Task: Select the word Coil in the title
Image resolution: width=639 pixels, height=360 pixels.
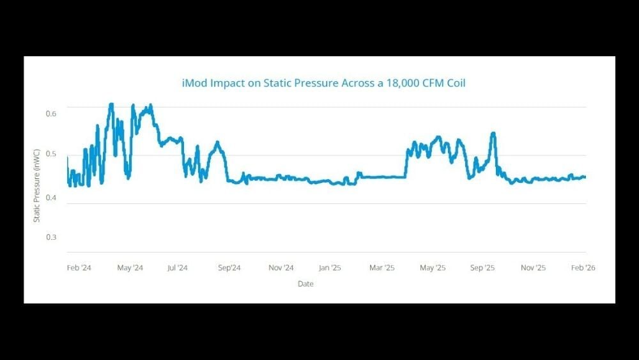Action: click(456, 83)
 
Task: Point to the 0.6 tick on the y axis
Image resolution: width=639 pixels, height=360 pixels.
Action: click(51, 113)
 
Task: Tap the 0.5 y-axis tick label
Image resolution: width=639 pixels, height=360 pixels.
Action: click(51, 154)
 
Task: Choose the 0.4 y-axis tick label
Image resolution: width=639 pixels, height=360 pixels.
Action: click(51, 197)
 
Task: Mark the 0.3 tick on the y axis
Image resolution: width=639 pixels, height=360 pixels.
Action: click(51, 237)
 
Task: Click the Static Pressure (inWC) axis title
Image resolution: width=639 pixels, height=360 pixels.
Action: click(37, 185)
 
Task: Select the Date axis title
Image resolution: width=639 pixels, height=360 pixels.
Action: click(305, 284)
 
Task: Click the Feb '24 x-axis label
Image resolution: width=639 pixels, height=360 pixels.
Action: click(79, 268)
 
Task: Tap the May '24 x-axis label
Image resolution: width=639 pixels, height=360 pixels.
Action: click(130, 268)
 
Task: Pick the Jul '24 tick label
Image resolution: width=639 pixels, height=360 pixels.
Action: click(177, 268)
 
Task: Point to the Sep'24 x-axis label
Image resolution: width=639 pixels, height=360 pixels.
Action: click(229, 268)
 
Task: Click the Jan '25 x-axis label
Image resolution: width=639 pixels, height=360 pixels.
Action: click(330, 268)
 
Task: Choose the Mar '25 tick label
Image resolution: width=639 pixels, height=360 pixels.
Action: click(381, 268)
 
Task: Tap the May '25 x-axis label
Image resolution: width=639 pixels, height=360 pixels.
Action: click(433, 268)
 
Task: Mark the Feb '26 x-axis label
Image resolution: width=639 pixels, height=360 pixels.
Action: click(583, 268)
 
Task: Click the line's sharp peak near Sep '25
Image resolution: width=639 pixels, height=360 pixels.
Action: click(493, 134)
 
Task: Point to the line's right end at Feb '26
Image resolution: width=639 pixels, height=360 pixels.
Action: click(585, 177)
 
